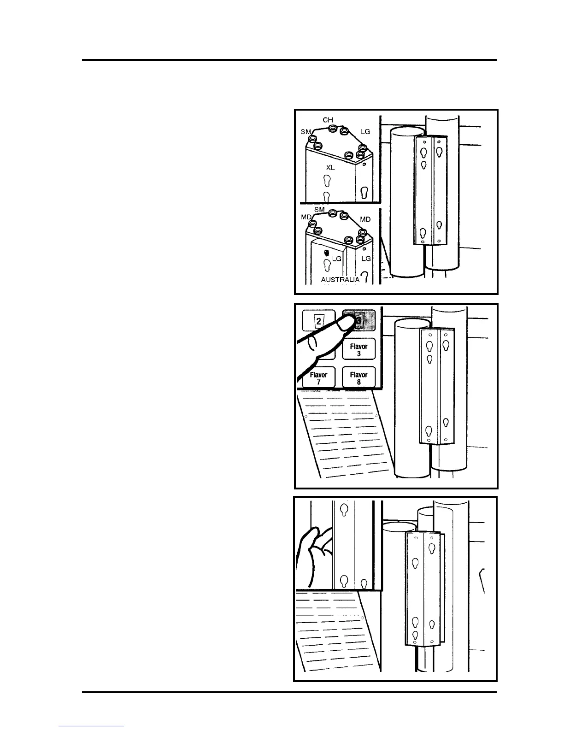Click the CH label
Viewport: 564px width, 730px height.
(328, 120)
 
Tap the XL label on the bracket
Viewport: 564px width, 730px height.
(330, 168)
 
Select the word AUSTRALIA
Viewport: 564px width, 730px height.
(340, 280)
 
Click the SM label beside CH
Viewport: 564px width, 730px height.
(305, 132)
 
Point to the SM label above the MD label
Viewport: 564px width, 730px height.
(319, 209)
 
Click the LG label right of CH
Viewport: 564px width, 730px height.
(365, 132)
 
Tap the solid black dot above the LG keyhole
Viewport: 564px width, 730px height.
(326, 253)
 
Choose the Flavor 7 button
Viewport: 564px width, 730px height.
(318, 378)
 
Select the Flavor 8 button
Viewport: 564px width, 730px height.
(358, 378)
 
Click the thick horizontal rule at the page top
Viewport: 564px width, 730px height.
(289, 60)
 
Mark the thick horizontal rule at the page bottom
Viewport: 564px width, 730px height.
(289, 692)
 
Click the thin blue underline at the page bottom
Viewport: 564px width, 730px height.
(92, 726)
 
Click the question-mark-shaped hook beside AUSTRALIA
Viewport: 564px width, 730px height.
(364, 277)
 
